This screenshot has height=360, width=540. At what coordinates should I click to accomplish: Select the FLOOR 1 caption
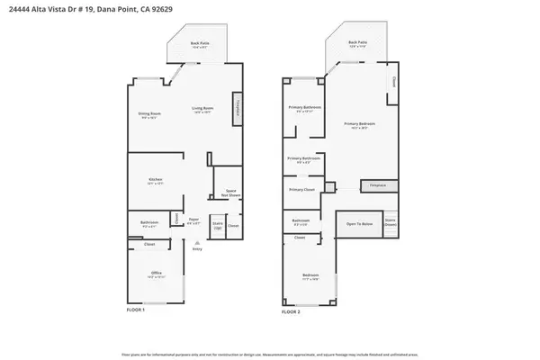[136, 310]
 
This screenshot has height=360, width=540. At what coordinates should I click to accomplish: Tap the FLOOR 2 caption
[290, 310]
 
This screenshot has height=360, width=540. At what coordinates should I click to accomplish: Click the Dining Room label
[148, 113]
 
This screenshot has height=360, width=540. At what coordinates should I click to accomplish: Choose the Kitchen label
[155, 180]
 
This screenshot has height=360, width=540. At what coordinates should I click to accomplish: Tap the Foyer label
[193, 219]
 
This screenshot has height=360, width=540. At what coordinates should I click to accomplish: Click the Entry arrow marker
[196, 245]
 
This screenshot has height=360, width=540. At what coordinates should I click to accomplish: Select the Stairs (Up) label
[217, 225]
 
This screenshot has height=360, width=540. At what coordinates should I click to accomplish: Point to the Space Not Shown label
[229, 192]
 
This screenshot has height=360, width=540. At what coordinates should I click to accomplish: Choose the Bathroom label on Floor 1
[149, 223]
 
